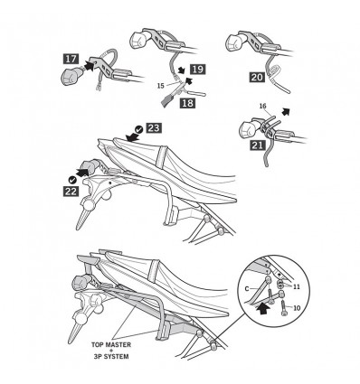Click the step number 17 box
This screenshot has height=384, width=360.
71,59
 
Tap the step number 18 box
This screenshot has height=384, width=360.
187,103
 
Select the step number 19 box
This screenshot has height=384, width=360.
197,70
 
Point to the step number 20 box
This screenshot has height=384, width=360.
257,78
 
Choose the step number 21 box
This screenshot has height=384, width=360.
258,145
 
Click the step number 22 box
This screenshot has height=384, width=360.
71,191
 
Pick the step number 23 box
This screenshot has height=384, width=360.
154,128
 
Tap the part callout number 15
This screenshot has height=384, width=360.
161,86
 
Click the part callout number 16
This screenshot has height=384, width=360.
263,106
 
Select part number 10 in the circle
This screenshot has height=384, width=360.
297,308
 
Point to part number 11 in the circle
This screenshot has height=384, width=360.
297,286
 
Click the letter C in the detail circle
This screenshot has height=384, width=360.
247,289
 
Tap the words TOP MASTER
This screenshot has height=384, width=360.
111,344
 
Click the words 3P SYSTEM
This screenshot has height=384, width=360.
111,357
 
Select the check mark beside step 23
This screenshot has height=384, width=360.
139,129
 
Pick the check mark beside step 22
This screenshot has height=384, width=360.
72,180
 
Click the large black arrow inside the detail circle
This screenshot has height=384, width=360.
263,308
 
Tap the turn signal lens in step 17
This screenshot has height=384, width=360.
71,76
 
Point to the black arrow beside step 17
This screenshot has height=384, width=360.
88,65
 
